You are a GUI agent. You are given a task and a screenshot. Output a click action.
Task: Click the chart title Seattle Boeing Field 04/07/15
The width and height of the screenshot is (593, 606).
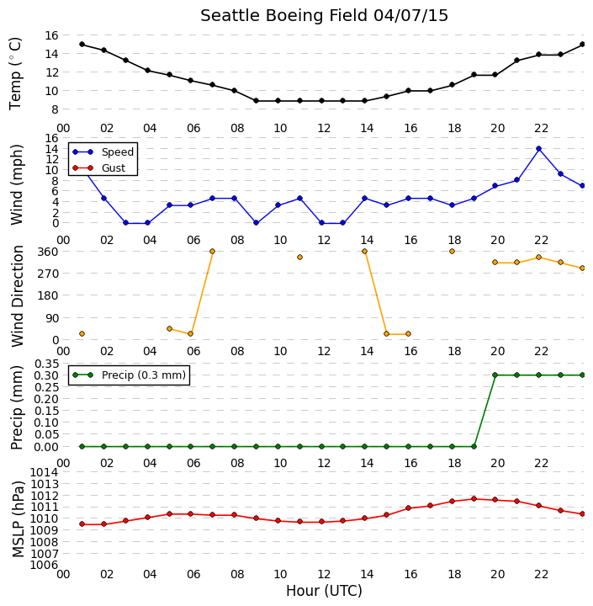pos(324,16)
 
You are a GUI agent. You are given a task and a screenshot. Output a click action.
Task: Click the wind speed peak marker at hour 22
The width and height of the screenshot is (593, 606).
pos(539,148)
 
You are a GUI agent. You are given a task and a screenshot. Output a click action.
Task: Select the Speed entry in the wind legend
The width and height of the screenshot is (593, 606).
pos(103,151)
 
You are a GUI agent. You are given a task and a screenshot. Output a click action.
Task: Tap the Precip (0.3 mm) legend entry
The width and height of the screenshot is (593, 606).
pos(129,375)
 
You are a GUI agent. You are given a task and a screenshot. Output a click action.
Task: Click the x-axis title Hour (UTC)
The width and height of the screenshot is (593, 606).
pos(324,591)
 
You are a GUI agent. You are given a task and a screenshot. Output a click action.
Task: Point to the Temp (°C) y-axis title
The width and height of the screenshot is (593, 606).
pos(15,73)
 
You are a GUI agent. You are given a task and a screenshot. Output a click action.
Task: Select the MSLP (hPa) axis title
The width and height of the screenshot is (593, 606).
pos(18,519)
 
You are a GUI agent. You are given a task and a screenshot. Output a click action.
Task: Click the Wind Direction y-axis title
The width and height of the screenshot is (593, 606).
pos(18,296)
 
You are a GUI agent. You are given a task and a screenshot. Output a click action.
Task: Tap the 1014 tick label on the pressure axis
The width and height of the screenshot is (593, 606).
pos(44,472)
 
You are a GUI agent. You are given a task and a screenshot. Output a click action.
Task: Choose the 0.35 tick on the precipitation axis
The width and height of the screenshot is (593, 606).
pos(47,364)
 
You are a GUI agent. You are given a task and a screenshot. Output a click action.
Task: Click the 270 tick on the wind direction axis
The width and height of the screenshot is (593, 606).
pos(50,274)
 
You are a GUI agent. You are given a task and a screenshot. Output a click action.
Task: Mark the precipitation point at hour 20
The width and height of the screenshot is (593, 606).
pos(495,375)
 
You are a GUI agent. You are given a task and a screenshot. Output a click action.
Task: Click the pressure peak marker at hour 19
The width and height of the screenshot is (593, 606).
pos(474,499)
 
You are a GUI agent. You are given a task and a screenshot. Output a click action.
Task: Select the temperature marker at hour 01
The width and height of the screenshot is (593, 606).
pos(82,45)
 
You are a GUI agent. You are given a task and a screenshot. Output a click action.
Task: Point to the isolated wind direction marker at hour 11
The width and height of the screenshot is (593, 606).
pos(299,257)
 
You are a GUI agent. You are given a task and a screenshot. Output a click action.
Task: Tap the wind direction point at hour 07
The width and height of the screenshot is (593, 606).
pos(212,251)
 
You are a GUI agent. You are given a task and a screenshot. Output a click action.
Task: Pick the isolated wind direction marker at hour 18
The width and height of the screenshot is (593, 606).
pos(452,251)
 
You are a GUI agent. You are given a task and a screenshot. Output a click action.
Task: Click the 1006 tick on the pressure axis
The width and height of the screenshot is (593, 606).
pos(44,565)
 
